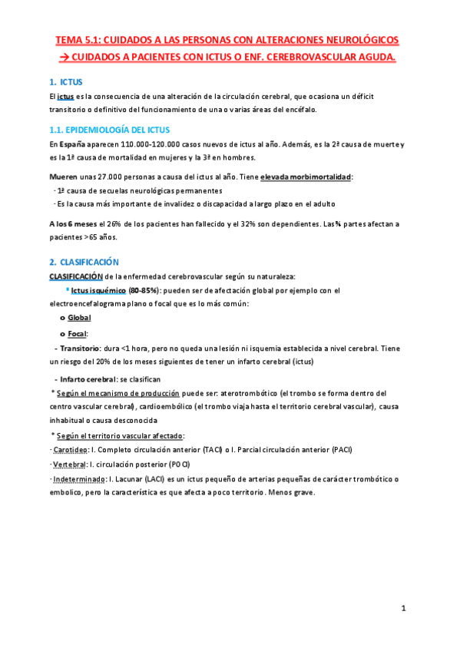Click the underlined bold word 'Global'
[x=79, y=318]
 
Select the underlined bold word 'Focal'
[x=77, y=333]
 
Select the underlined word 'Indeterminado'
[x=78, y=480]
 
